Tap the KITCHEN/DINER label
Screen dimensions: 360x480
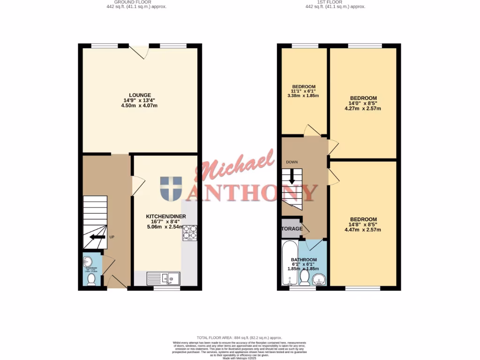[166, 216]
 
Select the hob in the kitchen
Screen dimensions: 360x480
[189, 233]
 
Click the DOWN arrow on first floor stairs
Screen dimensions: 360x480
[292, 176]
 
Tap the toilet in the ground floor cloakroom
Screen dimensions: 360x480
[91, 279]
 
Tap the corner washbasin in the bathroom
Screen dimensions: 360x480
[320, 280]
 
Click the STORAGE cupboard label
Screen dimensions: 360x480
[292, 229]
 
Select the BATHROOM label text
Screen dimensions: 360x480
[304, 260]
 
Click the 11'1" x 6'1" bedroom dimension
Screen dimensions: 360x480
[304, 91]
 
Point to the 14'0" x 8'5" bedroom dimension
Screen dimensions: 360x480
[363, 104]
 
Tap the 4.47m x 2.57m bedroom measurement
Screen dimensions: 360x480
[363, 230]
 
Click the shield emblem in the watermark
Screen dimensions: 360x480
[171, 189]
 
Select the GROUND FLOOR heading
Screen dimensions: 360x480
[136, 2]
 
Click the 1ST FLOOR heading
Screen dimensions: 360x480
[335, 2]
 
